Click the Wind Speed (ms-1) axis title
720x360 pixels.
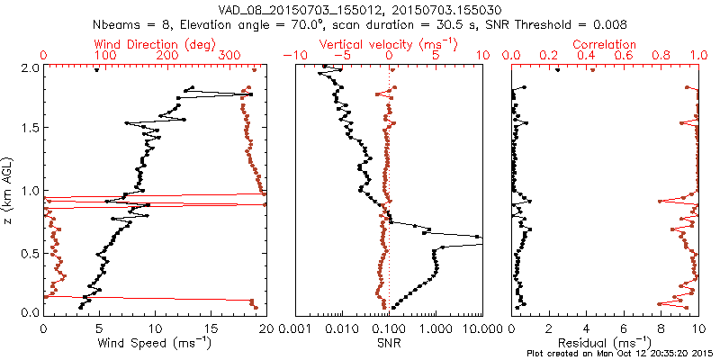pos(155,343)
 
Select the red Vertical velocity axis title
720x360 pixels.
pos(388,44)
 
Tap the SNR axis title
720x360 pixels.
pos(389,343)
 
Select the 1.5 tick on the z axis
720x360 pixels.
pos(30,129)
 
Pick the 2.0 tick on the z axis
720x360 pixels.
pos(30,67)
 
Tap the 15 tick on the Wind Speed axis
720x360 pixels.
pos(211,326)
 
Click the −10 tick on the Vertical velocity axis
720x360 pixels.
pos(293,56)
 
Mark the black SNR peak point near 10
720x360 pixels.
pos(478,238)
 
